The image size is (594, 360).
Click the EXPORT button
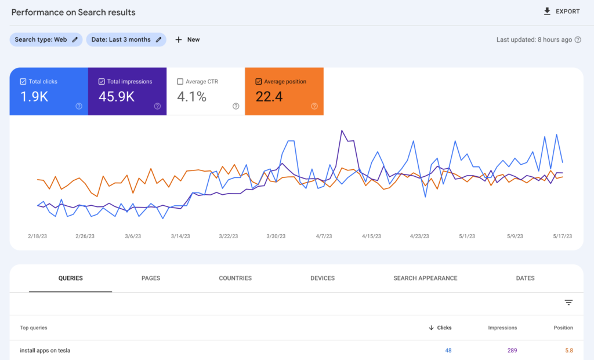(562, 12)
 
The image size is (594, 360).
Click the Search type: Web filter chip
(46, 39)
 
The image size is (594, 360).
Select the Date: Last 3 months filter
(126, 39)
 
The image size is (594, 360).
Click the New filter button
(187, 39)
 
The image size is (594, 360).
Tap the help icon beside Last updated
(578, 39)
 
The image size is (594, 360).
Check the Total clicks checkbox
(23, 82)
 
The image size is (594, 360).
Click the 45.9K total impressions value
(117, 97)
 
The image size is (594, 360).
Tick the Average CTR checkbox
(180, 82)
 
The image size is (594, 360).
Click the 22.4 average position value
(269, 97)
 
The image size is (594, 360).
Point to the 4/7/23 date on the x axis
(324, 236)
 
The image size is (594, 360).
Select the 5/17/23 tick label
(562, 236)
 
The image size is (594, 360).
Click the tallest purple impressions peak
(342, 130)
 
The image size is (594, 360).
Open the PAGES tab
(151, 278)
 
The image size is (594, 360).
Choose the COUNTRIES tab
(235, 278)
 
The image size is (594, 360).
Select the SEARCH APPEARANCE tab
(425, 278)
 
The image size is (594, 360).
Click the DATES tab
(525, 278)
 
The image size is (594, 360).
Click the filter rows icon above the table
(568, 303)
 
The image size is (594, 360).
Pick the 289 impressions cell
(511, 350)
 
